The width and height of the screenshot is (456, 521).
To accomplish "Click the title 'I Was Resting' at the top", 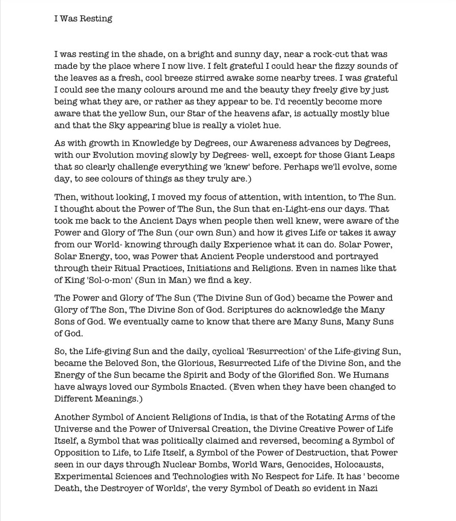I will [83, 19].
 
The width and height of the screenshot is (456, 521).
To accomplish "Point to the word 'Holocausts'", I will [371, 464].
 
